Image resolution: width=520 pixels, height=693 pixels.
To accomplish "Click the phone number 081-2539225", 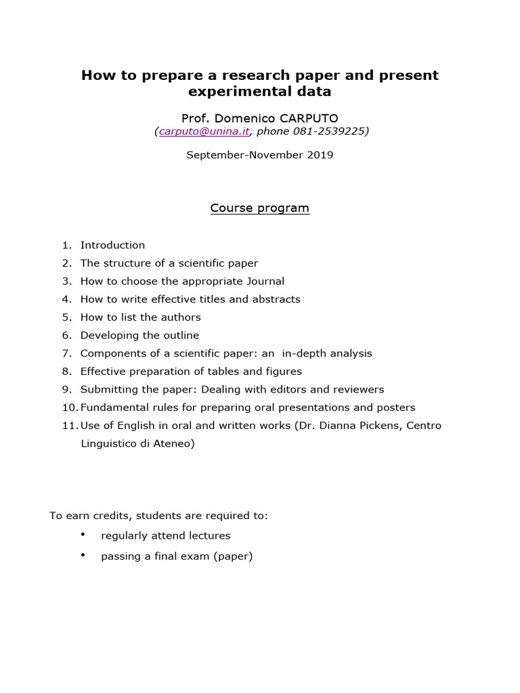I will [333, 132].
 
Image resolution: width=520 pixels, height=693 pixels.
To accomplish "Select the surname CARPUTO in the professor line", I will [308, 118].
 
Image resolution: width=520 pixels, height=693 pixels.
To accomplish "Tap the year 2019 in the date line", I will [320, 155].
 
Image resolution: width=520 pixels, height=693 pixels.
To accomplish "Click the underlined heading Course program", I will [260, 208].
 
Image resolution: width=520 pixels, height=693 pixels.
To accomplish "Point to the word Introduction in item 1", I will [112, 245].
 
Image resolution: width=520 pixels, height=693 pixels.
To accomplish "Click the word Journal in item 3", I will [265, 281].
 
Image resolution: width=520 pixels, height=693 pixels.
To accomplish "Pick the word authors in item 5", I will [179, 317].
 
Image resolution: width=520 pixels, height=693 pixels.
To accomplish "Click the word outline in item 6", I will [179, 335].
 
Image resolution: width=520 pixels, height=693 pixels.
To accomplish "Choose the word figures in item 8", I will [284, 372].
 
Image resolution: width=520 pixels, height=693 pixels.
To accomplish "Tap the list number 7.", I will [66, 353].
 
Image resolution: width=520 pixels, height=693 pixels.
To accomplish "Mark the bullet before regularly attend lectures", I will [83, 535].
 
